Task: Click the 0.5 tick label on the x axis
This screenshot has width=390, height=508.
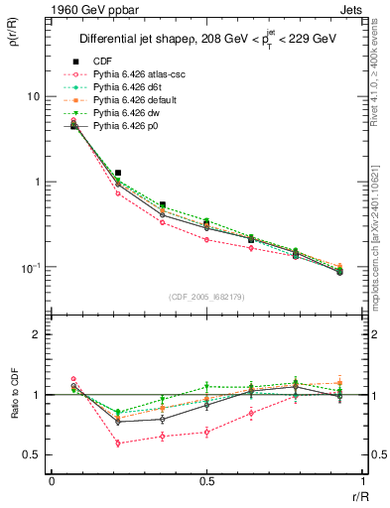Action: [206, 481]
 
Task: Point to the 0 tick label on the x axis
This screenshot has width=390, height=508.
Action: [52, 481]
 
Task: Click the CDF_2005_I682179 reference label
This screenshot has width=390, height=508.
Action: [206, 297]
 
